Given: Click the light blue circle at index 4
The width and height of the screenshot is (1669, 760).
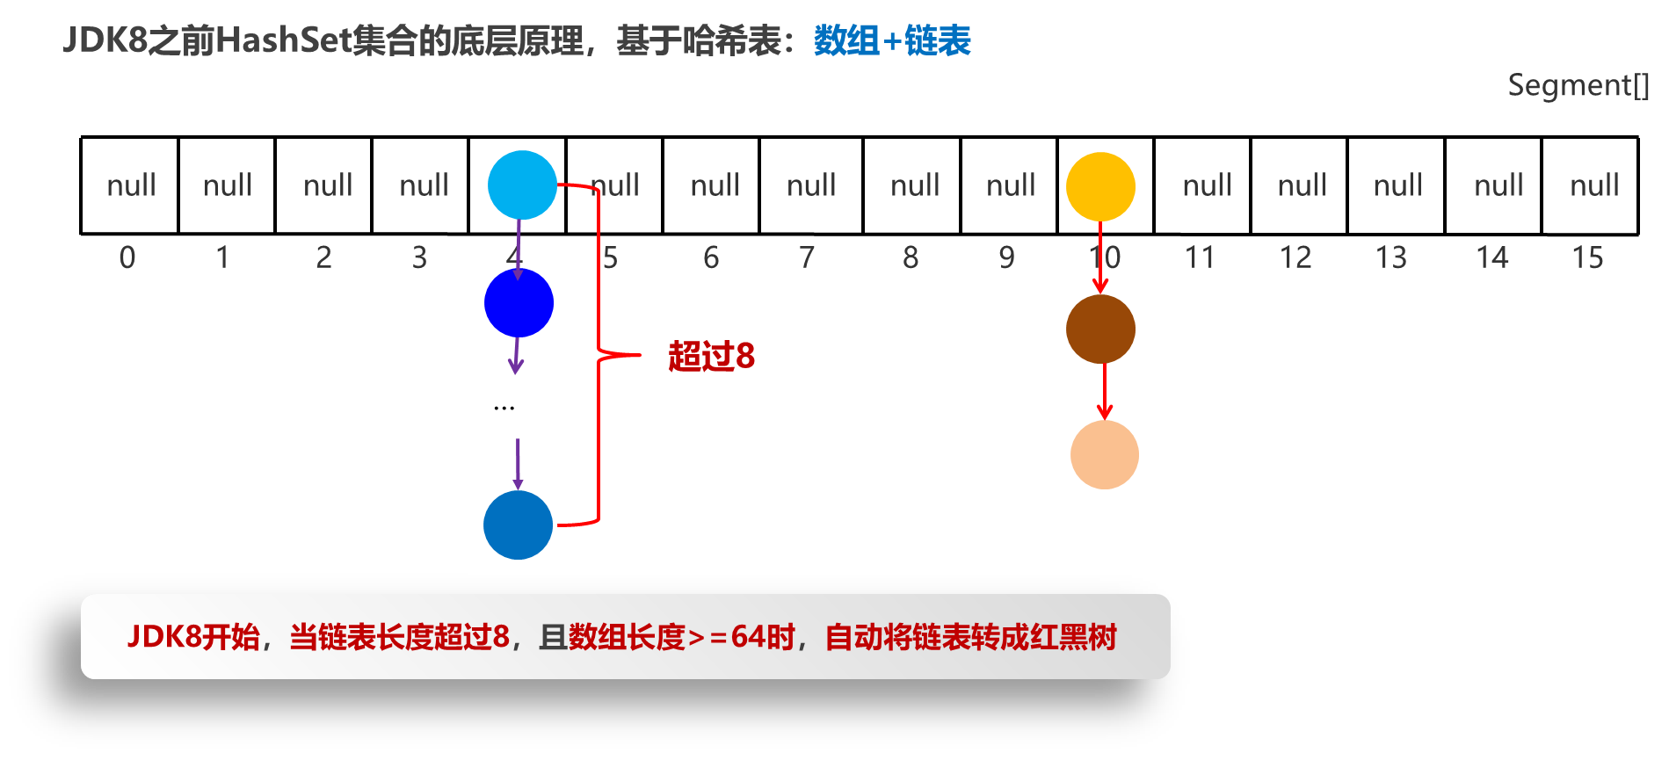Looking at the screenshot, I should [x=522, y=185].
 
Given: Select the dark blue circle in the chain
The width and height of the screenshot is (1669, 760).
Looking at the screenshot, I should [x=519, y=303].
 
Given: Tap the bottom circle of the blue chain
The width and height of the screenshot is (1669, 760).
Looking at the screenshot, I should [x=518, y=525].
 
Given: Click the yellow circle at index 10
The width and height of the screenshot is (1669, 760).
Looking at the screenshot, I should [x=1100, y=186].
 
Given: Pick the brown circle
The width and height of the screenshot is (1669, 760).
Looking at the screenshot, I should [x=1100, y=329].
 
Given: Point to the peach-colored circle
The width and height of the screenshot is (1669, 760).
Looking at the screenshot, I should [x=1105, y=454].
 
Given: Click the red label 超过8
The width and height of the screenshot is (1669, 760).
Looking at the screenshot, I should [x=711, y=356].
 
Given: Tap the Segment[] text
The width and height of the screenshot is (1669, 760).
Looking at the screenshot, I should [x=1578, y=85].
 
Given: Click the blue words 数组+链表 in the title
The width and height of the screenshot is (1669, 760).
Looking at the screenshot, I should [x=891, y=40].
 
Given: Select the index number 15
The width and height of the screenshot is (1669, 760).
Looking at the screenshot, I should [x=1587, y=257].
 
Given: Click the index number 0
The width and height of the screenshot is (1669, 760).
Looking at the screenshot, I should [x=127, y=257].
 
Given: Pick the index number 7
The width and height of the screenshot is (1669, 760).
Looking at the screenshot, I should [x=807, y=257].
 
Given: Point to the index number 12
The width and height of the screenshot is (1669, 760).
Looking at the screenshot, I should [x=1295, y=257].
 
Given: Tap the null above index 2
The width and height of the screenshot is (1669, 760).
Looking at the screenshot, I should [x=328, y=185].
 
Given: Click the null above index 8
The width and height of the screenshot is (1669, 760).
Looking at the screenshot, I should [x=915, y=185].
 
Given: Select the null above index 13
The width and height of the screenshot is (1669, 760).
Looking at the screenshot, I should [x=1397, y=185].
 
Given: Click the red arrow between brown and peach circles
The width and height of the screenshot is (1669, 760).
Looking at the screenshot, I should [x=1105, y=392].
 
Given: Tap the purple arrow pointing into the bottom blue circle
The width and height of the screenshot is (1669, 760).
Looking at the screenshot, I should [x=518, y=464].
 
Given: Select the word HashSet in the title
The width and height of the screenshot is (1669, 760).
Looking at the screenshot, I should [x=284, y=40].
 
